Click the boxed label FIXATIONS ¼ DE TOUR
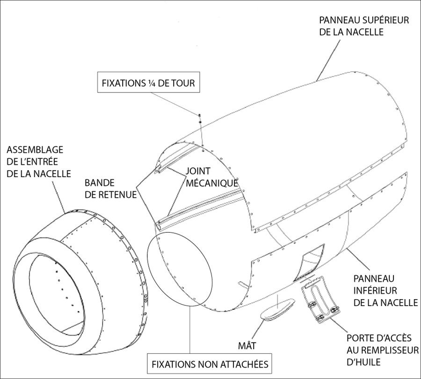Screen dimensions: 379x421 (147, 84)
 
